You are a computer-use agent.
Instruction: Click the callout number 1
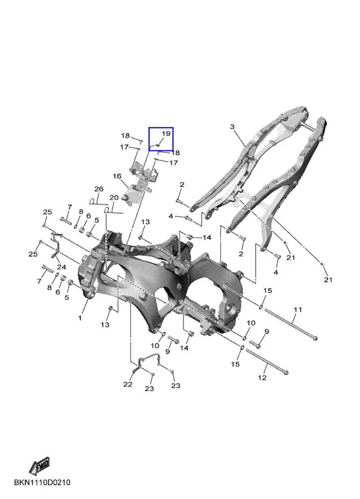tap(80, 317)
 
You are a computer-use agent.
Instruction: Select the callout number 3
tap(232, 127)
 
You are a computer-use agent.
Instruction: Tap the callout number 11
tap(298, 309)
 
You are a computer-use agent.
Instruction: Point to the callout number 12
tap(262, 378)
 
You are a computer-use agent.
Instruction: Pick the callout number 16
tap(117, 177)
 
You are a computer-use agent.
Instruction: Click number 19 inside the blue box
tap(166, 133)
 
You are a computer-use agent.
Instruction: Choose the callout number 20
tap(114, 198)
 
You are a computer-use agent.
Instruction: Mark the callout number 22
tap(128, 384)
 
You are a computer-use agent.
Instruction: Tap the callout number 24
tap(61, 267)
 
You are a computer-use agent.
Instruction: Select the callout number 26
tap(99, 189)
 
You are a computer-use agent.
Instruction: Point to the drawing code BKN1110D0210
tap(42, 482)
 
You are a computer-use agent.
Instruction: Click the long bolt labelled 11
tap(291, 324)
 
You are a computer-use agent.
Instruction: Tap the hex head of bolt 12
tap(286, 372)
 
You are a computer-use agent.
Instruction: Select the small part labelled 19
tap(157, 145)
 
